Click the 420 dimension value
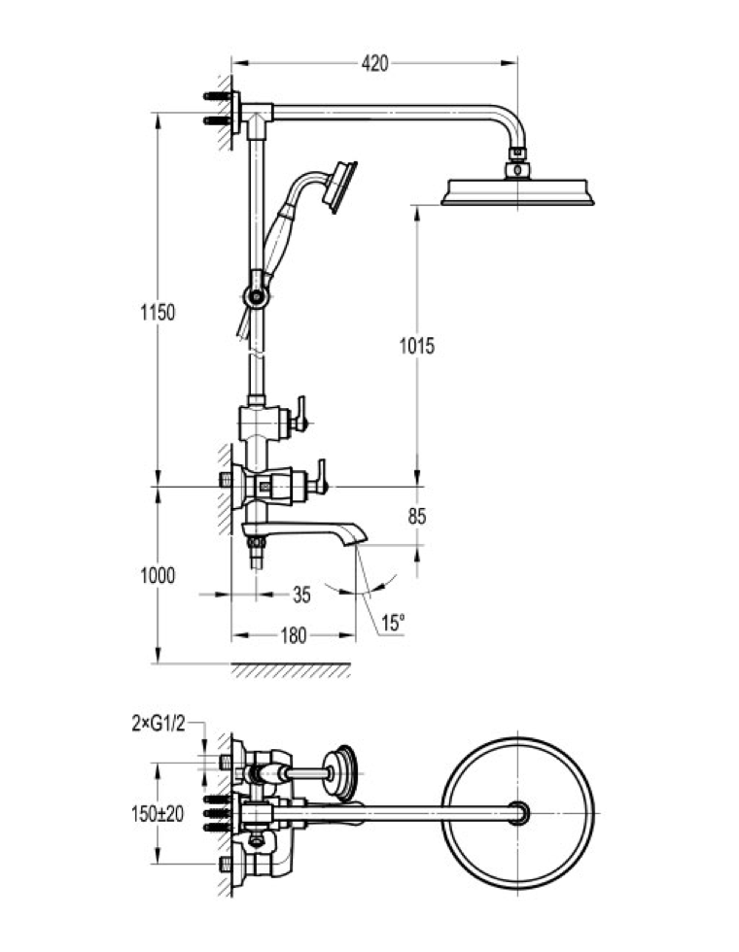click(375, 64)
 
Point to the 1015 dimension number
click(417, 345)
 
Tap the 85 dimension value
click(417, 517)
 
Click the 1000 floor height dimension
click(157, 575)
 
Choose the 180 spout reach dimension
click(293, 636)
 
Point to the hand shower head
click(341, 186)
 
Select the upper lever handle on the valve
click(302, 412)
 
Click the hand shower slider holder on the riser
click(255, 293)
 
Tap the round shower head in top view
click(518, 812)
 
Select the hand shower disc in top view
click(341, 773)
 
